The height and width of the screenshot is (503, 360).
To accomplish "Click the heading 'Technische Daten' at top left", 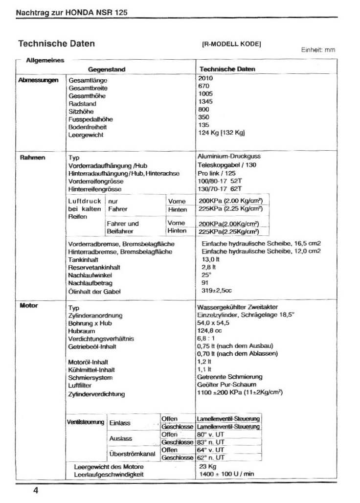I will pos(56,44).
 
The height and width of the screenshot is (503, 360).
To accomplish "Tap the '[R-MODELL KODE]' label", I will pos(231,44).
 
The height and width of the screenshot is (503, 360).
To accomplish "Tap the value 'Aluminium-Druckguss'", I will pos(229,157).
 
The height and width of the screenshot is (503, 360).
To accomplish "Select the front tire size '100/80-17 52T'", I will pos(221,181).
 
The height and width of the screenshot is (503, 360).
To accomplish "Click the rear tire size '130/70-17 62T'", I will pos(221,188).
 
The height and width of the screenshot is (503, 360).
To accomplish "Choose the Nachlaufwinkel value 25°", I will pos(206,275).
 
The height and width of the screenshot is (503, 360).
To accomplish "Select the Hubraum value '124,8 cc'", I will pos(209,331).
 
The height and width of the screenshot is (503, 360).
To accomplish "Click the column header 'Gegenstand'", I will pos(107,70).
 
